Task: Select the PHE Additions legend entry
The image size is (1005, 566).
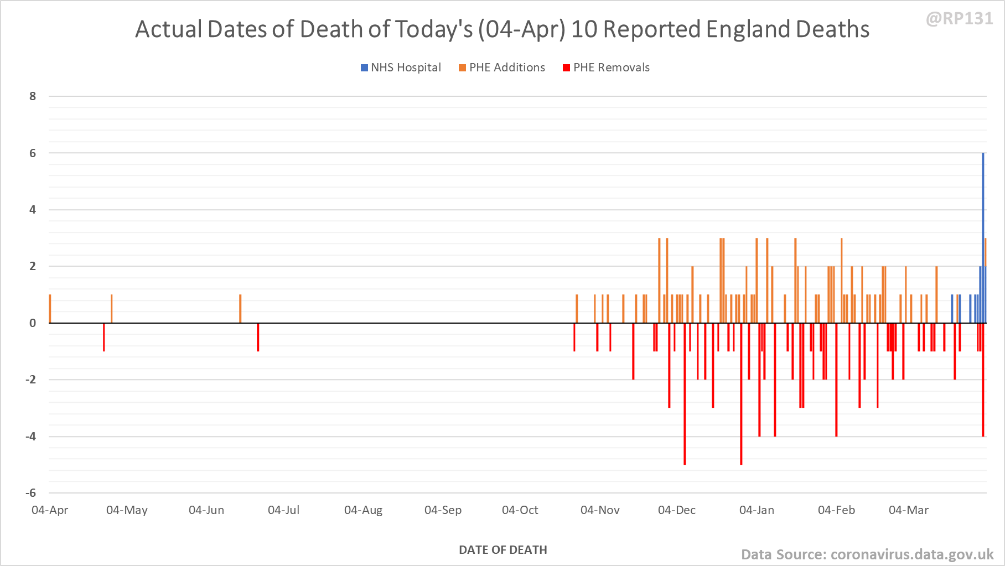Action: click(502, 67)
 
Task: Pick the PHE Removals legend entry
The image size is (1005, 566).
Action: click(606, 67)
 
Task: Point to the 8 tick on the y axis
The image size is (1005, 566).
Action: click(33, 96)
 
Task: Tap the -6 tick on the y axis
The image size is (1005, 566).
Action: click(31, 492)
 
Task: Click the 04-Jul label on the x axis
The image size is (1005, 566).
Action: click(283, 510)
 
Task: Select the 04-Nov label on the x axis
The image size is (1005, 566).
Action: click(600, 510)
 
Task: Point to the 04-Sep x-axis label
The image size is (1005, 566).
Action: click(443, 510)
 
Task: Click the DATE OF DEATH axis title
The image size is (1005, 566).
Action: click(503, 550)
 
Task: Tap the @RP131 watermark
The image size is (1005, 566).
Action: click(959, 19)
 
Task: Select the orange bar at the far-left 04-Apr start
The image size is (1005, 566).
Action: click(50, 309)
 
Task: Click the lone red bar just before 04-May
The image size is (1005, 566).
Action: click(103, 337)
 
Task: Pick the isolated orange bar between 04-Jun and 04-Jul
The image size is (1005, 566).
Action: click(240, 309)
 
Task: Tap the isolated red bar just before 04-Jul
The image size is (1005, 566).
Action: click(258, 337)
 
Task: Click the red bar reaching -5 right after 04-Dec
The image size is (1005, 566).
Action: click(685, 393)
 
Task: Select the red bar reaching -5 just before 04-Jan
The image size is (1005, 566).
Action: click(741, 393)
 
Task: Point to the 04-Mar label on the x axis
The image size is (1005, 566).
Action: click(908, 510)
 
